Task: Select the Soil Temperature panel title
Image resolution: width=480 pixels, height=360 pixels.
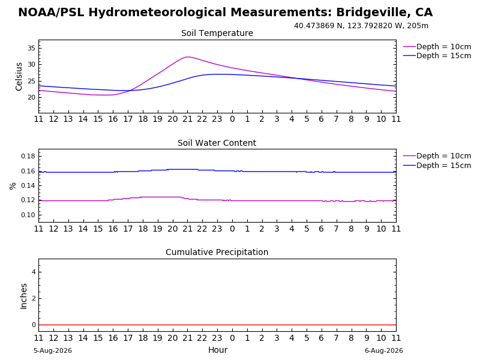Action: point(217,33)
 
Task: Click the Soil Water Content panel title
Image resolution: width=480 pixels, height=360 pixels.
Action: point(217,143)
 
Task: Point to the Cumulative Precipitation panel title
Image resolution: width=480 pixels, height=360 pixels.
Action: point(217,252)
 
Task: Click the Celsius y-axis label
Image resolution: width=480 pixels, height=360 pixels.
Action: point(19,77)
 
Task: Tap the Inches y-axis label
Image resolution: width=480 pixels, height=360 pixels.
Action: point(23,296)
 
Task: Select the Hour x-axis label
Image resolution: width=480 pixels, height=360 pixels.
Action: point(218,350)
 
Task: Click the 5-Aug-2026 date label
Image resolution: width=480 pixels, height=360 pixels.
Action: point(53,350)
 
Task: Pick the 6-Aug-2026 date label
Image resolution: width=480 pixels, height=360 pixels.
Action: point(384,350)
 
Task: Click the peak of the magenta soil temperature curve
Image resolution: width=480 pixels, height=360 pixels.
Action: point(187,57)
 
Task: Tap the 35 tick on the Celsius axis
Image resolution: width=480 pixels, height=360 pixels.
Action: point(32,48)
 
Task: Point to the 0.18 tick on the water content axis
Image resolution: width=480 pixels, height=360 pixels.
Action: point(28,156)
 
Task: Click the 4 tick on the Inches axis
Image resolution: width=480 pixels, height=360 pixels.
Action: point(34,272)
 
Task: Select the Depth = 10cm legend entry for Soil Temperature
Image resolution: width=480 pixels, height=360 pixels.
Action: point(437,47)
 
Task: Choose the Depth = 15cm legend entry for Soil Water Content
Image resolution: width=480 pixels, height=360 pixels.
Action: point(437,166)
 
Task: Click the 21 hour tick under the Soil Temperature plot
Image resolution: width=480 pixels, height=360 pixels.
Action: point(187,119)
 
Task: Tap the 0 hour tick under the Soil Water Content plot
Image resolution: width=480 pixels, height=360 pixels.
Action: point(232,229)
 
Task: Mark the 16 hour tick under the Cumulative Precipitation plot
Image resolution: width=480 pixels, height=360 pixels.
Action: point(113,338)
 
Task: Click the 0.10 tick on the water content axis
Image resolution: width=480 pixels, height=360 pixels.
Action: point(28,215)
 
